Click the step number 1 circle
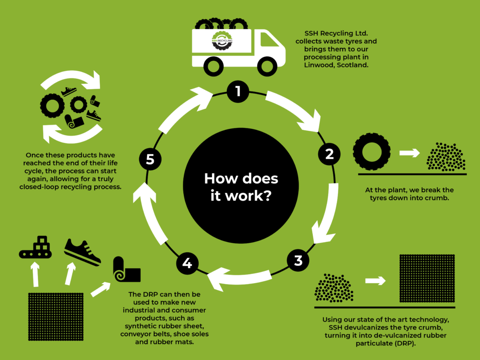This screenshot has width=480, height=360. (x=238, y=91)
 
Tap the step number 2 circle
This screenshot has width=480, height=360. (x=329, y=153)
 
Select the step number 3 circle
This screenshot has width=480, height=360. (x=299, y=261)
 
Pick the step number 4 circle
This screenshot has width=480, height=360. (x=187, y=263)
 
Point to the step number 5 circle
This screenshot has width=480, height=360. (x=150, y=160)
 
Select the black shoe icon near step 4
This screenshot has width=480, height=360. (x=82, y=251)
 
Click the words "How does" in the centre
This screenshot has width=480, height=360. (x=241, y=179)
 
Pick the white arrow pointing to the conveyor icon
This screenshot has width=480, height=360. (x=36, y=274)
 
